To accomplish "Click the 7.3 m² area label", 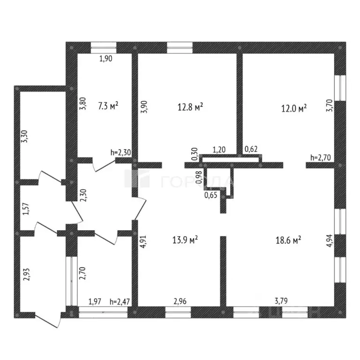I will point(108,106).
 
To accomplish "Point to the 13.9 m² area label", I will point(186,240).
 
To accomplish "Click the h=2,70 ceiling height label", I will point(321,157).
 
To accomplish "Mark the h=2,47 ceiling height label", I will point(120,302).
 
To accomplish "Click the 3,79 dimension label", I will point(282,302).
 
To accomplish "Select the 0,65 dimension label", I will point(211,196).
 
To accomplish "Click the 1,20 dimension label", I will point(219,150).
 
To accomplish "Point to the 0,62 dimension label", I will point(252,150).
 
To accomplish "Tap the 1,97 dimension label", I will point(95,302).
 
